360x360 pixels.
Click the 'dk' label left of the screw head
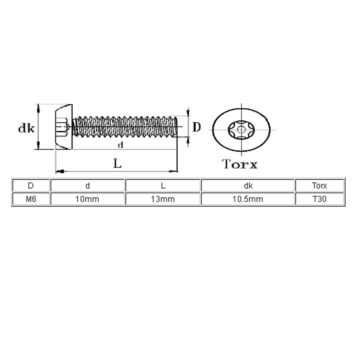tap(27, 128)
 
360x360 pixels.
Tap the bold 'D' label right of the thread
tap(197, 127)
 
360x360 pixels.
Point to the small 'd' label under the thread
tap(120, 145)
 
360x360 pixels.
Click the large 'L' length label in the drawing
tap(117, 164)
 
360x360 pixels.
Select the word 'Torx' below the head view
tap(240, 164)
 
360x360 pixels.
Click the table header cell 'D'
tap(31, 185)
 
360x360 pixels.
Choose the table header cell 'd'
tap(87, 185)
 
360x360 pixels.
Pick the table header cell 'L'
tap(163, 185)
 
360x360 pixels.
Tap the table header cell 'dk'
tap(248, 185)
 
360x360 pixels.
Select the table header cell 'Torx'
tap(320, 185)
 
